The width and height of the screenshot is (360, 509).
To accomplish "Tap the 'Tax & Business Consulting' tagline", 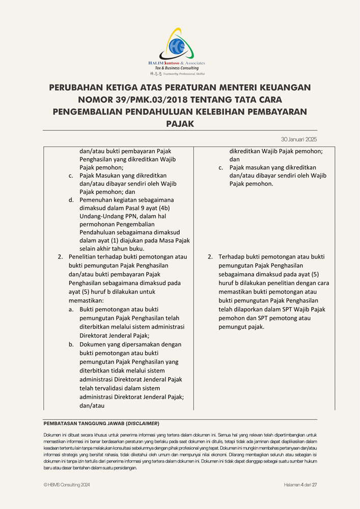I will click(x=177, y=68).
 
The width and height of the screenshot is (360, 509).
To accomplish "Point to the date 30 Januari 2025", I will click(x=299, y=139).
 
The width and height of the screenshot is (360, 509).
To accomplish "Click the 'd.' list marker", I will click(x=72, y=200).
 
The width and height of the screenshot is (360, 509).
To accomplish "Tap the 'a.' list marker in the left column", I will click(x=72, y=309).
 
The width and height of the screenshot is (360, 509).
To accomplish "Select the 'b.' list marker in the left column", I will click(x=72, y=345).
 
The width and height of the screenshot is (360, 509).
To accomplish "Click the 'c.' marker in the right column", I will click(x=221, y=167).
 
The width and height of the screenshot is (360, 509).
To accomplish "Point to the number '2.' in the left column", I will click(x=60, y=257).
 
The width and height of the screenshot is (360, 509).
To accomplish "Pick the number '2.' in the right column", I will click(x=210, y=257).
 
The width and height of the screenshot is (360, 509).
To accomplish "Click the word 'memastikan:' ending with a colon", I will click(x=86, y=301).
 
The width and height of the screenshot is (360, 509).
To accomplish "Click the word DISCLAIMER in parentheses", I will click(x=143, y=423).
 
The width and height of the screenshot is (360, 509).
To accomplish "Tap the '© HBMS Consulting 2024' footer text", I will click(x=67, y=485).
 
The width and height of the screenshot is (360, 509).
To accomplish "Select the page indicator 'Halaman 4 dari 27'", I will click(x=300, y=485).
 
